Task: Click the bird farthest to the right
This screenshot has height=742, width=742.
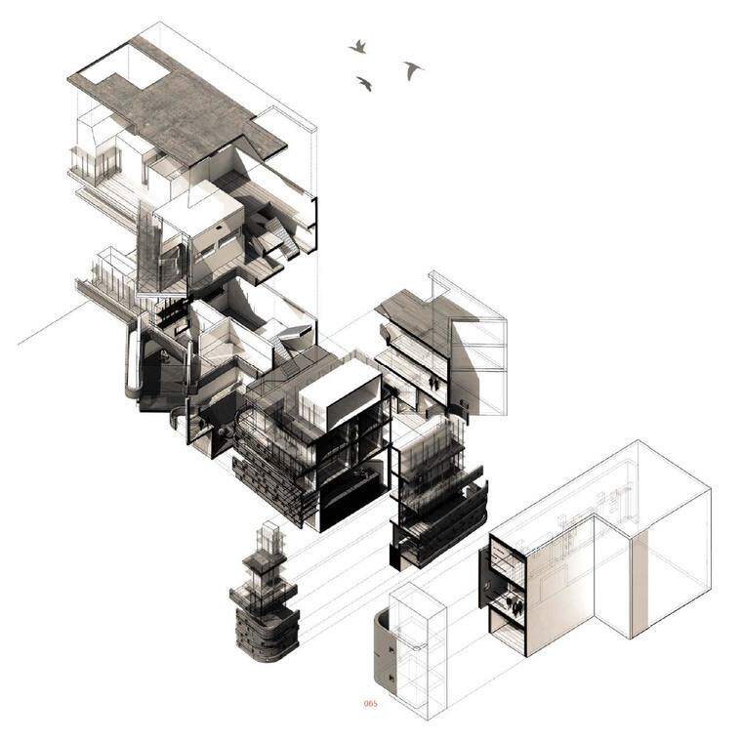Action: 413,69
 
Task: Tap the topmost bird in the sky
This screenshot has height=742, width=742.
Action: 358,47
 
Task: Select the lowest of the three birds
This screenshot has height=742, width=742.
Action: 364,83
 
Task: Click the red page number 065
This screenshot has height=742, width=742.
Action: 371,704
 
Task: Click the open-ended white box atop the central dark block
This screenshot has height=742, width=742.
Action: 341,394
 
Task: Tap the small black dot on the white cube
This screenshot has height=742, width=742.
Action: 219,227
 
